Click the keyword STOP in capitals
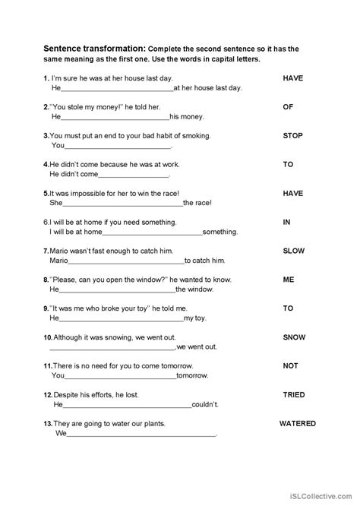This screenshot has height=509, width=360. pyautogui.click(x=292, y=136)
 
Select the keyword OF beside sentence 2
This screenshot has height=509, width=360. pyautogui.click(x=288, y=107)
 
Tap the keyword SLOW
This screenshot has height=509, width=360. pyautogui.click(x=293, y=250)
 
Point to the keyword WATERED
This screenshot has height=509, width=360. pyautogui.click(x=297, y=423)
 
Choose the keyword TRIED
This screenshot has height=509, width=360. pyautogui.click(x=294, y=394)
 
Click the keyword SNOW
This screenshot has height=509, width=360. pyautogui.click(x=294, y=337)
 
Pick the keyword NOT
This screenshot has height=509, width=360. pyautogui.click(x=291, y=365)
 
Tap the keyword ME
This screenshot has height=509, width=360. pyautogui.click(x=289, y=279)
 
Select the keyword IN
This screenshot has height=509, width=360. pyautogui.click(x=287, y=221)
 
